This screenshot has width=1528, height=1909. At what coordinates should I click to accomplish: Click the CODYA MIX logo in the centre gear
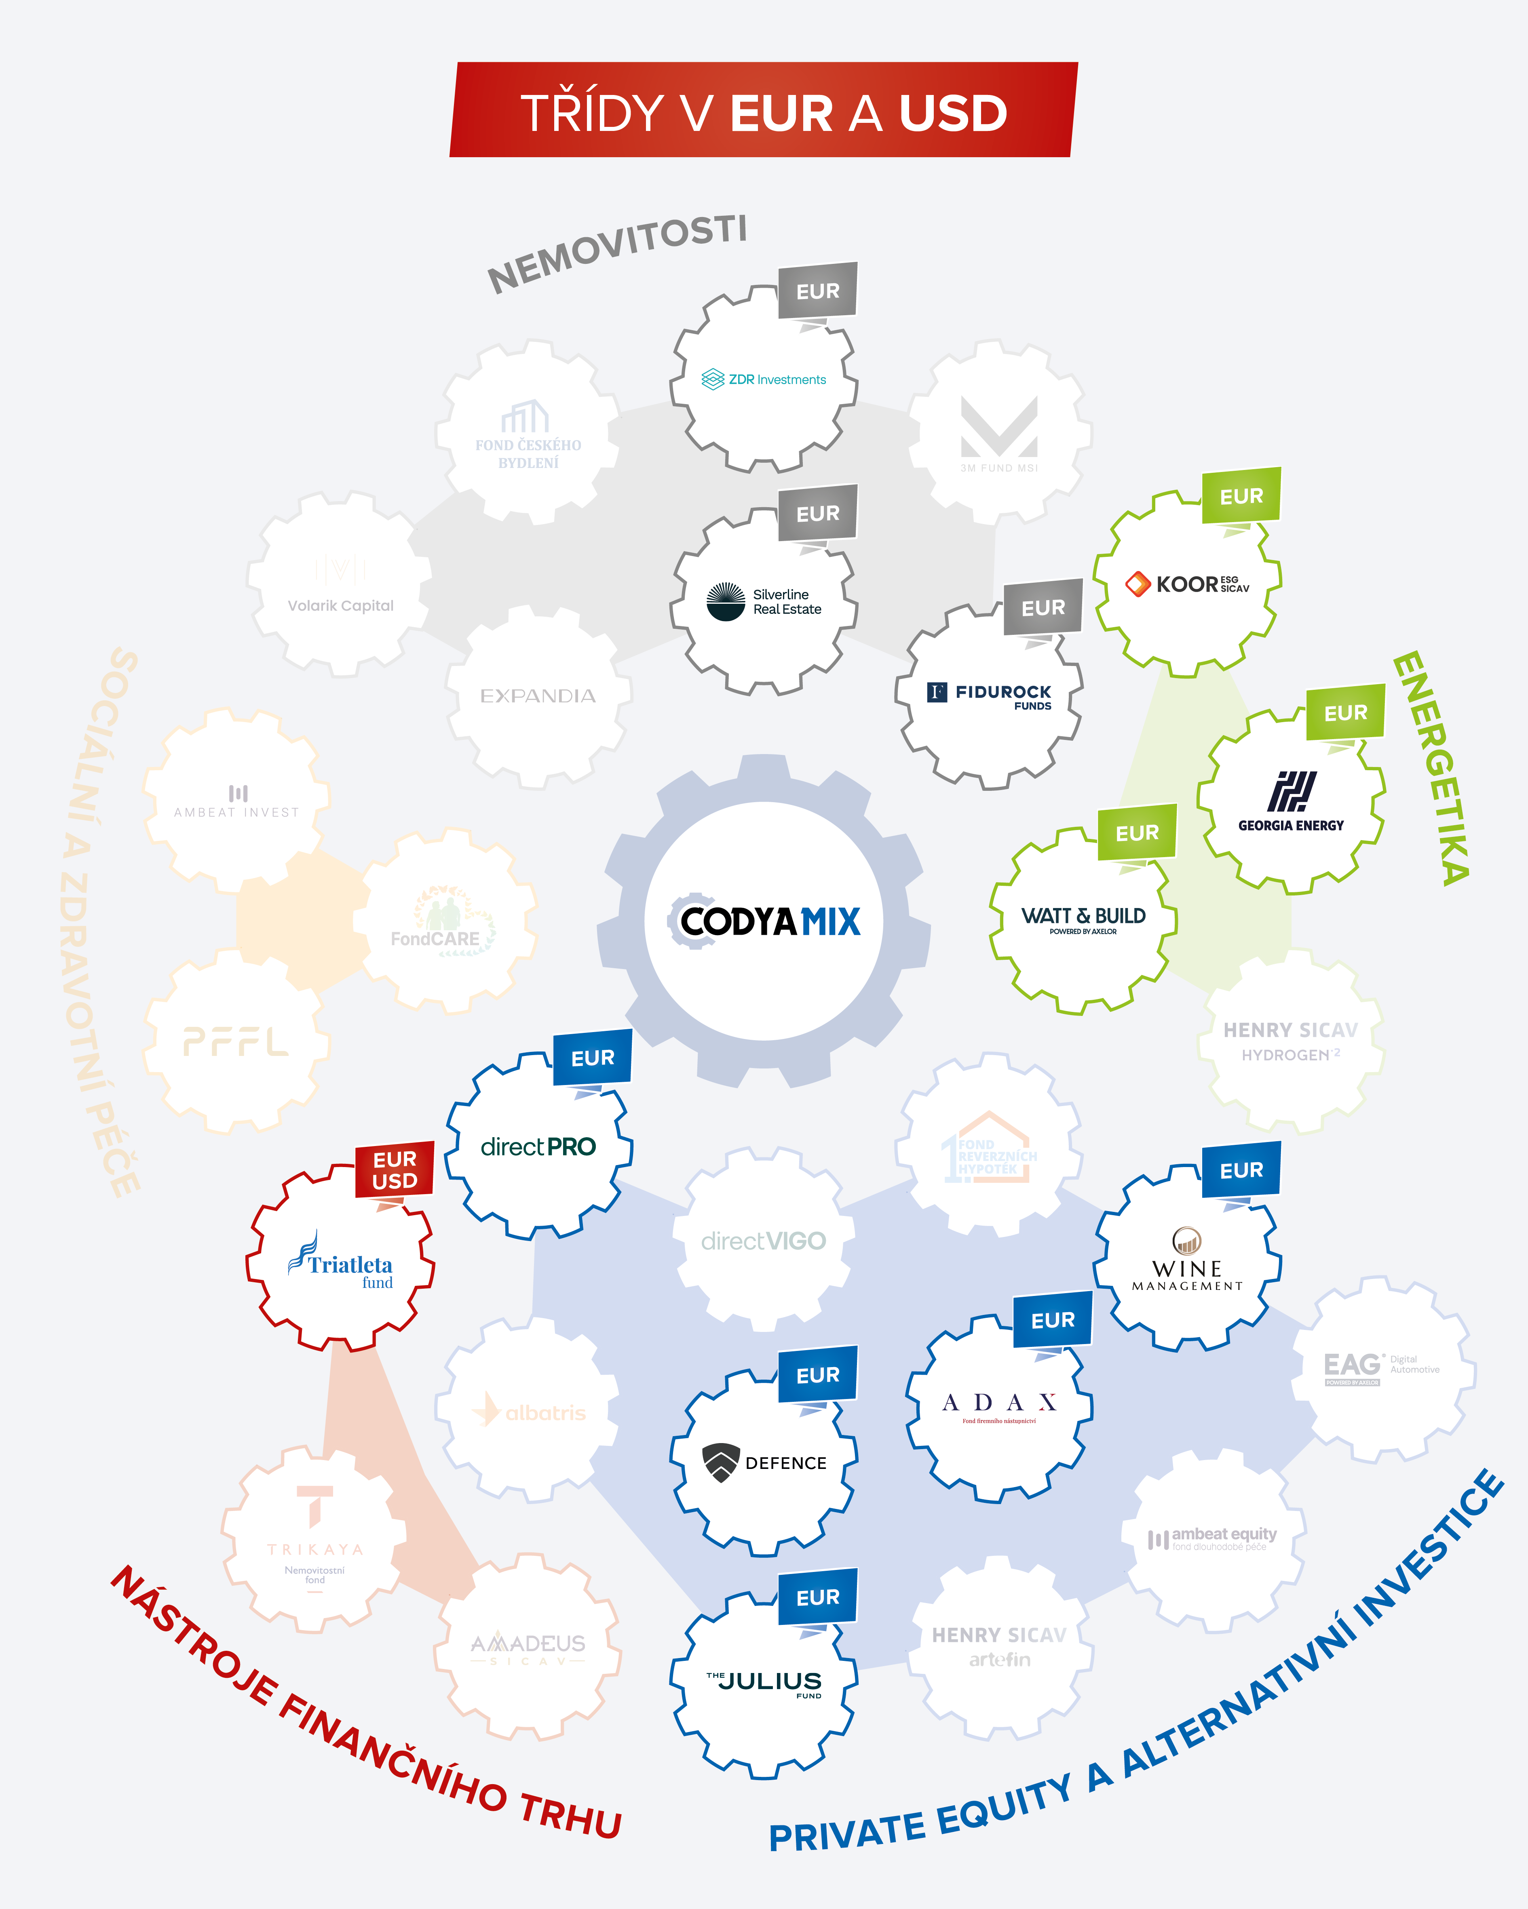(764, 921)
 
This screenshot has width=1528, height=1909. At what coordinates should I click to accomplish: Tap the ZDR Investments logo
(764, 379)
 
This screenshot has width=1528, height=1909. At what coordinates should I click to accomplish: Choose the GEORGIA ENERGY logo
(1291, 801)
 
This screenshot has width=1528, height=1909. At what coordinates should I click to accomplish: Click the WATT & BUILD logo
(1083, 919)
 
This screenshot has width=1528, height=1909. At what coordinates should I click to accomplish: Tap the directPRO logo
(538, 1146)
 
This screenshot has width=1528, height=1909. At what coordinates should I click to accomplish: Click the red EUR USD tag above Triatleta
(394, 1169)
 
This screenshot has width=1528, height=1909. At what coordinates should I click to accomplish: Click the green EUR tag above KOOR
(1241, 496)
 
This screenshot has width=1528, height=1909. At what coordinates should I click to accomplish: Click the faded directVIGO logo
(764, 1241)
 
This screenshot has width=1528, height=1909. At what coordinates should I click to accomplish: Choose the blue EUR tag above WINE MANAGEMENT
(1241, 1169)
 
